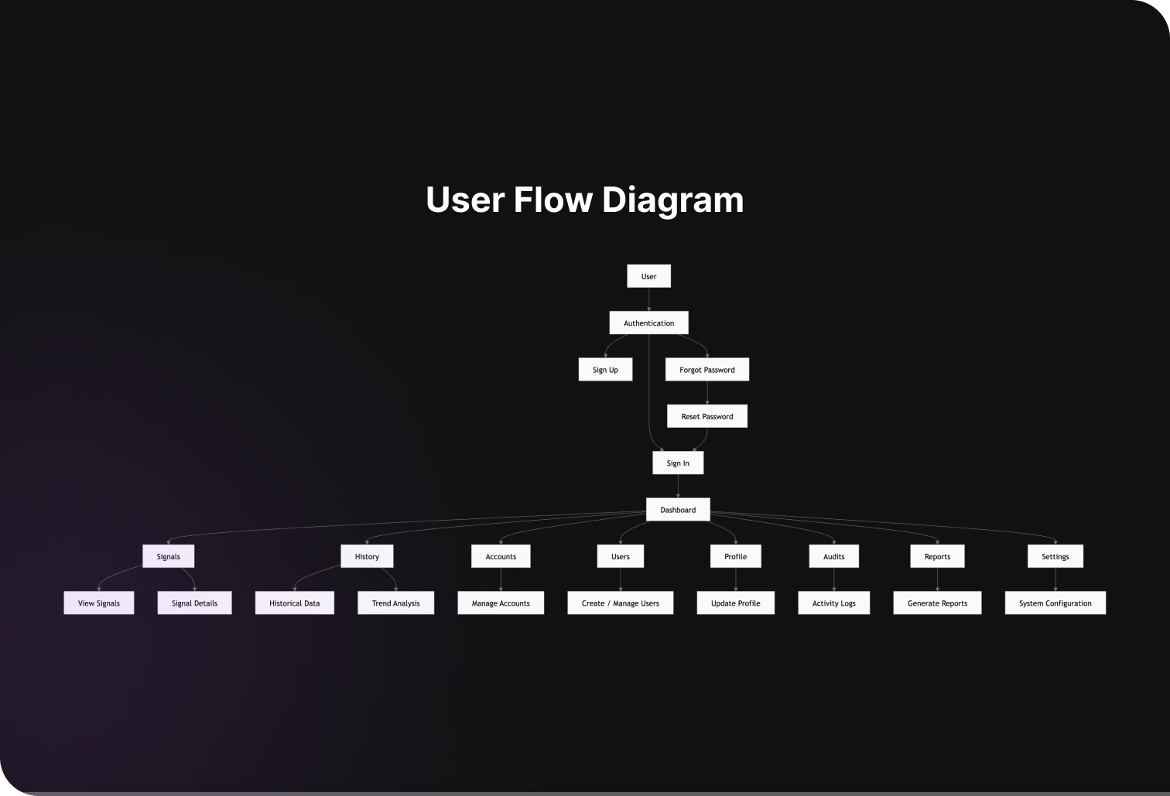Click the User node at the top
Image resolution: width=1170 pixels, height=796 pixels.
(x=648, y=276)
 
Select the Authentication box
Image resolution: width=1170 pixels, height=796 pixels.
(x=648, y=323)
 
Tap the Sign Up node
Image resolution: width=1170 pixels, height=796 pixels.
(x=605, y=370)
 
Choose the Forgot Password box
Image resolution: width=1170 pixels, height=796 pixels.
(x=706, y=370)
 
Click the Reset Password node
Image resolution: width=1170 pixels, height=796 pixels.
(x=706, y=416)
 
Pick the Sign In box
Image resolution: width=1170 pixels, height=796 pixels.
(x=678, y=463)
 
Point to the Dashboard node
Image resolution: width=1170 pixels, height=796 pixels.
(x=678, y=510)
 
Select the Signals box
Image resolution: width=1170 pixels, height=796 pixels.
(x=168, y=556)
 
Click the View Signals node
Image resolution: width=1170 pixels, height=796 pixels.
(x=99, y=603)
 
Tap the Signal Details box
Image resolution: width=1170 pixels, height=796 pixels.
(x=194, y=603)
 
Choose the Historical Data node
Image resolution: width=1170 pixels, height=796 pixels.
(x=294, y=603)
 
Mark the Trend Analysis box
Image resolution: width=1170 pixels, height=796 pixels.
(x=395, y=603)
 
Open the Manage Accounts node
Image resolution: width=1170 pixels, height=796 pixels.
(x=501, y=603)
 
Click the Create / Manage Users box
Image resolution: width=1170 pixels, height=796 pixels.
(x=620, y=603)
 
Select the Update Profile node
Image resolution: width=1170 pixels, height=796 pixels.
(x=735, y=603)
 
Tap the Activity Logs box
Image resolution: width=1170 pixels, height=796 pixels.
(x=833, y=603)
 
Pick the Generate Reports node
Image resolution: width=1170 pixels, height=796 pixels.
(x=937, y=603)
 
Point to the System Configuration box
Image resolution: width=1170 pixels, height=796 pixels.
(x=1055, y=603)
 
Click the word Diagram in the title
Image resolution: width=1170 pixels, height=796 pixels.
(x=672, y=200)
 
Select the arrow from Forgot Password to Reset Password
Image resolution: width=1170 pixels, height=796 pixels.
(x=707, y=393)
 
